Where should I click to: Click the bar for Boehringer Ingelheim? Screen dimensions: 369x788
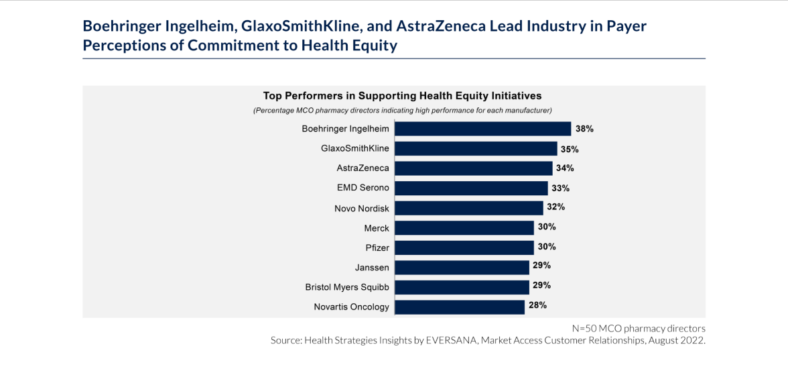point(482,129)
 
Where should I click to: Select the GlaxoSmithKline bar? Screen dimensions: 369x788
point(476,148)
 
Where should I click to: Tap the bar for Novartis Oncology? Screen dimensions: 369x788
point(459,307)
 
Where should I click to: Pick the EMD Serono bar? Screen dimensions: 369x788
point(471,188)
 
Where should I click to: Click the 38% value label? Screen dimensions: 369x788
point(584,128)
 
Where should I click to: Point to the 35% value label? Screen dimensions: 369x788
point(570,148)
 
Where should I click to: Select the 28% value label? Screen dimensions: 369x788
point(537,305)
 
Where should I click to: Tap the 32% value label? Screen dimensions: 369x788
point(556,207)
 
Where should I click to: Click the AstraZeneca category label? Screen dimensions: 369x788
point(363,168)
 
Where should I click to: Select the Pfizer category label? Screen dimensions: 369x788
point(377,248)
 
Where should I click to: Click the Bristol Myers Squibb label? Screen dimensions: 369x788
point(347,287)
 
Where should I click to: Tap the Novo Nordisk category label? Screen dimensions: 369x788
point(361,208)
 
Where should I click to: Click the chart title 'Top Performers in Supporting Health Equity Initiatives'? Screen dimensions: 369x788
point(402,96)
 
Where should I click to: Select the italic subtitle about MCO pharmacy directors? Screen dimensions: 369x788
point(402,110)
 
